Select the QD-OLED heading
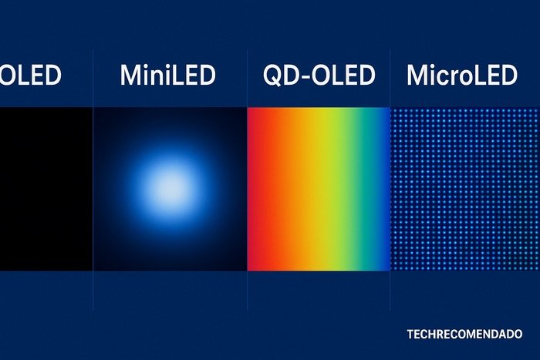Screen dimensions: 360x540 click(318, 76)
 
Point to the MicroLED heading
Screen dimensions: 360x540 click(461, 76)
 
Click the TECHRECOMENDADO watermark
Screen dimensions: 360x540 click(464, 335)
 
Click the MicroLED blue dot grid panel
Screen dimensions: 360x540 click(465, 189)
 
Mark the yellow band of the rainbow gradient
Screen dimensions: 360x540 click(324, 189)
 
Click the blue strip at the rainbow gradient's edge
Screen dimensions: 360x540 click(386, 189)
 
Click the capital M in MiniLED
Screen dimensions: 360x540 click(131, 76)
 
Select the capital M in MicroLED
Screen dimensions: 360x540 click(417, 76)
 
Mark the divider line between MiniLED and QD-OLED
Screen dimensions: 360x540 click(247, 293)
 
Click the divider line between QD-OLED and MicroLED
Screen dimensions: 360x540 click(391, 293)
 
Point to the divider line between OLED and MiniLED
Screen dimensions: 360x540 click(93, 293)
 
